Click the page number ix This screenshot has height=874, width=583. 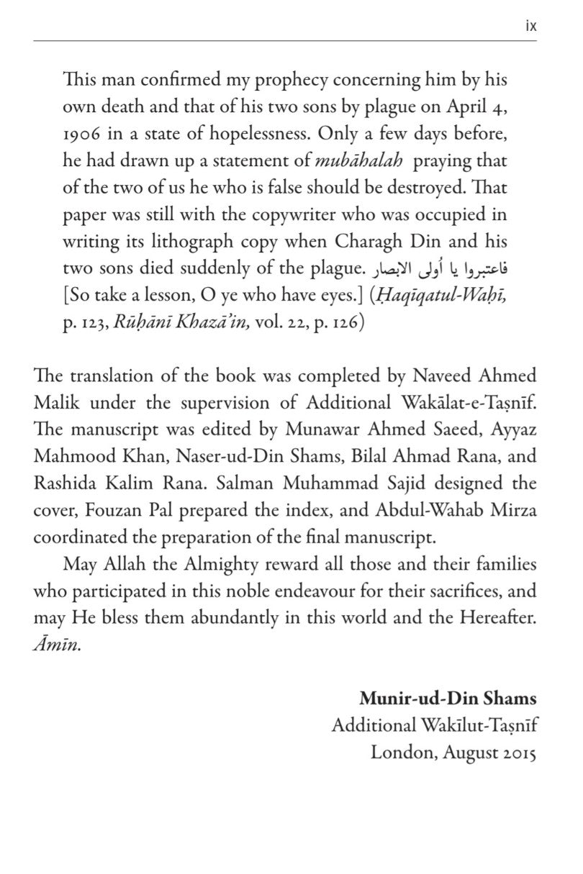point(531,27)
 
